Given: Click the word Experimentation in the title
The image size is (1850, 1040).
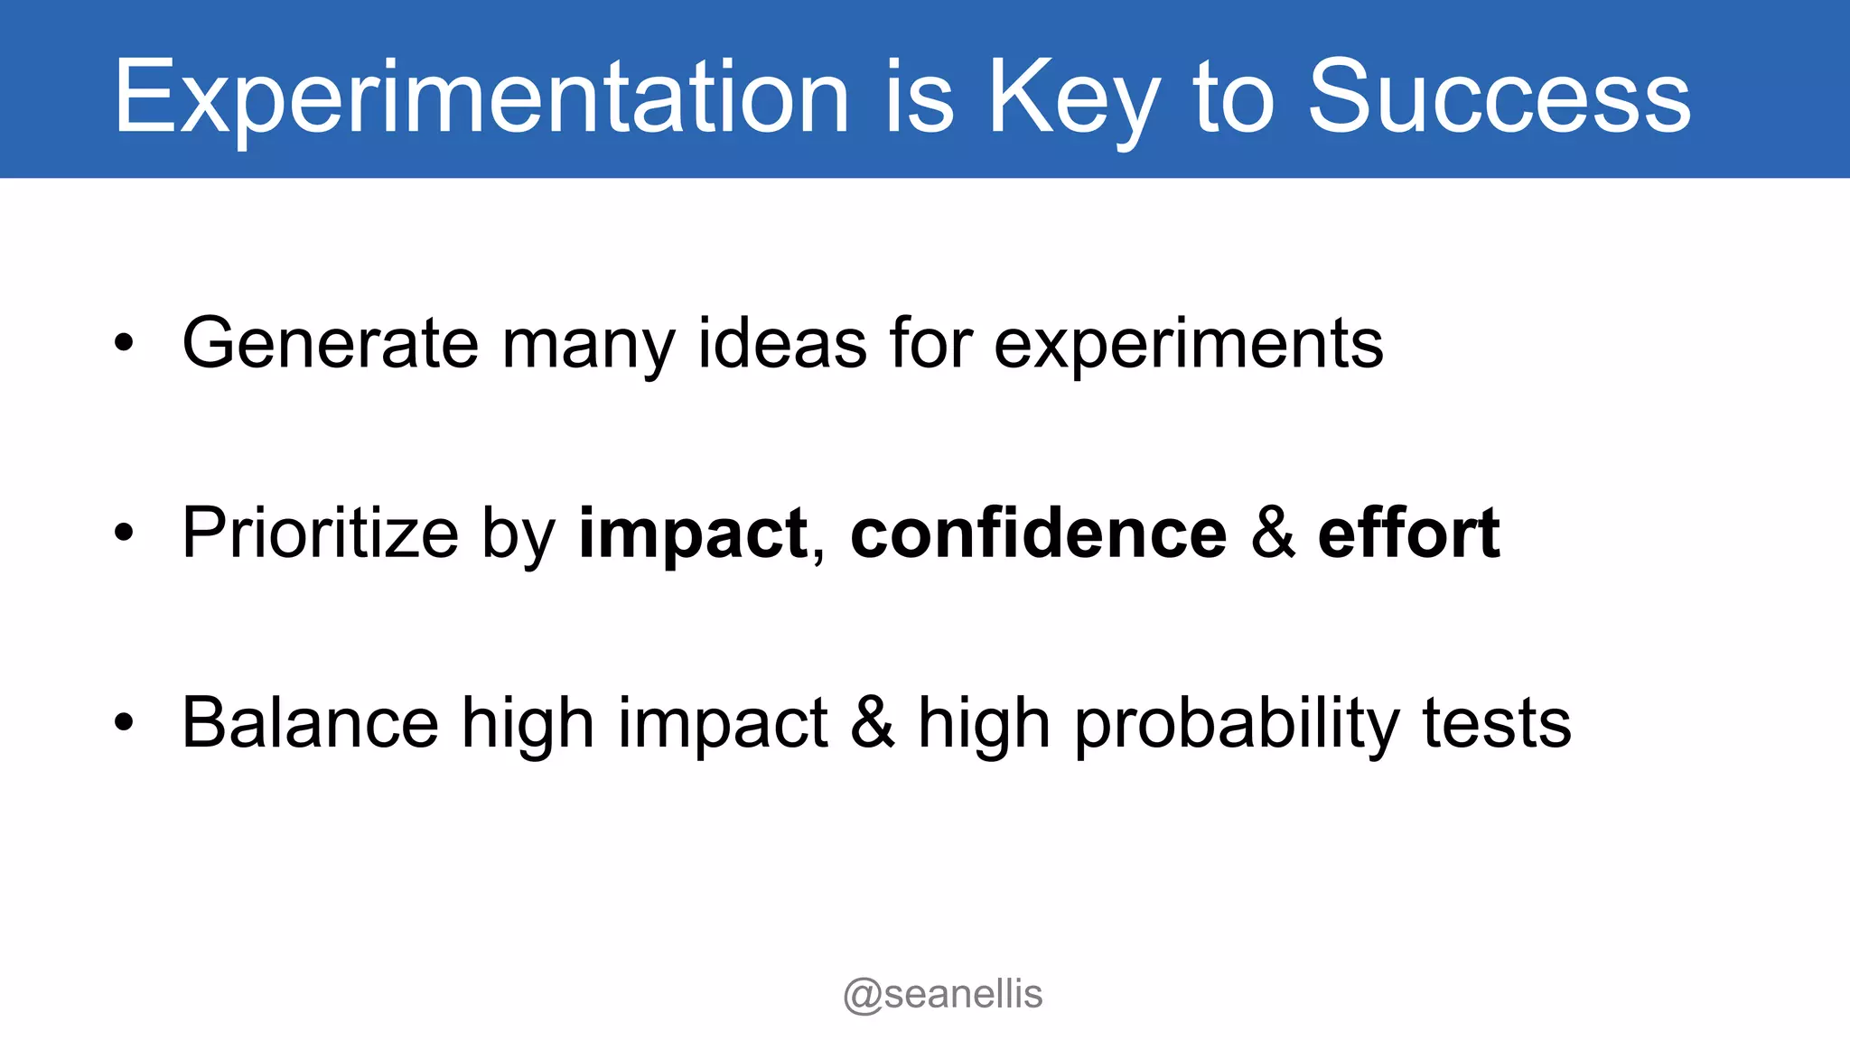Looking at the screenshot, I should coord(481,97).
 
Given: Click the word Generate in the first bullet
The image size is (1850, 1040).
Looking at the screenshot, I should coord(330,343).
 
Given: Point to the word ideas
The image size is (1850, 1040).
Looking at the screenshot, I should coord(782,343).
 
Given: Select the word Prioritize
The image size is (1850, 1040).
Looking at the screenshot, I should coord(320,534).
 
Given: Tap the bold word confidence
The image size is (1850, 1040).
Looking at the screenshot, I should coord(1038,533).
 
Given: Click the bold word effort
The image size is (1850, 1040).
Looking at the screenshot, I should coord(1408,533).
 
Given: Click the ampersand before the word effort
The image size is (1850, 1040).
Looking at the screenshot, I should coord(1273,533).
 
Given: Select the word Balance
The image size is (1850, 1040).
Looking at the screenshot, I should coord(310,723).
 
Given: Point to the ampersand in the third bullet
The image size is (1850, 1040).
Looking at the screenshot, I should coord(872,723).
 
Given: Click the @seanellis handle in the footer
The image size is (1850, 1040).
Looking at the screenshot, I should coord(942,995).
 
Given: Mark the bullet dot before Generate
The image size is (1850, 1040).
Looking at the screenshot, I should coord(124,344).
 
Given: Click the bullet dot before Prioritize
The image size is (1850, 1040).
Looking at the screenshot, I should coord(124,534).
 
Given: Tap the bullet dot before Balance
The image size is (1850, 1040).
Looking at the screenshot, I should coord(124,723).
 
